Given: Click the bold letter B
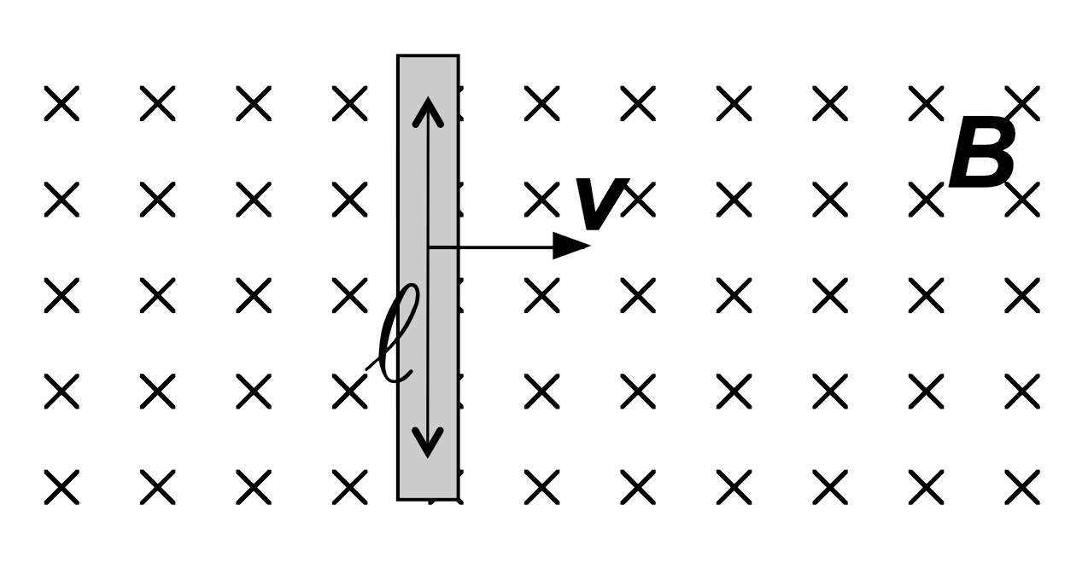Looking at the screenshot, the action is pos(982,152).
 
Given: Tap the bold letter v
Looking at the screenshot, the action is pos(602,204).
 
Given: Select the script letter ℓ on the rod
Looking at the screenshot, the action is pos(394,334).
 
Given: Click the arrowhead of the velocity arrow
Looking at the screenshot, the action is pos(571,246).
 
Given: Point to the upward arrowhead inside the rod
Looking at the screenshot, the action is pos(428,112).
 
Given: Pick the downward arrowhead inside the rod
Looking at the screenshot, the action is pos(428,443).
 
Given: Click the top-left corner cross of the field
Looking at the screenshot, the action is pos(61,103).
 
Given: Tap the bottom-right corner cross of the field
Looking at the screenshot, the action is pos(1022,486).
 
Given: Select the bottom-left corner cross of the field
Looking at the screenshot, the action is pos(61,486).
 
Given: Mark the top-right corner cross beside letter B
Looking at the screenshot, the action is pos(1022,103).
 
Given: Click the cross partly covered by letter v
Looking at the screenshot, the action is pos(638,200).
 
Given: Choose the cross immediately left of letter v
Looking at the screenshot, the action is pos(542,200).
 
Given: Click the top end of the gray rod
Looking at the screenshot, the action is pos(428,55).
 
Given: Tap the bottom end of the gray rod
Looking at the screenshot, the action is pos(428,499).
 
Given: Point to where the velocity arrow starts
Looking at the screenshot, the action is pos(429,247).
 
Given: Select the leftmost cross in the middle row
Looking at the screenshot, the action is pos(61,295).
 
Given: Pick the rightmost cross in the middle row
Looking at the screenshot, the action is pos(1022,295).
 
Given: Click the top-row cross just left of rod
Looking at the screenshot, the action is pos(350,103).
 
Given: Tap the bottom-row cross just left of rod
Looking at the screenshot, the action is pos(350,486).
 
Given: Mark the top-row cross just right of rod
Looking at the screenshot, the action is pos(542,103).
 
